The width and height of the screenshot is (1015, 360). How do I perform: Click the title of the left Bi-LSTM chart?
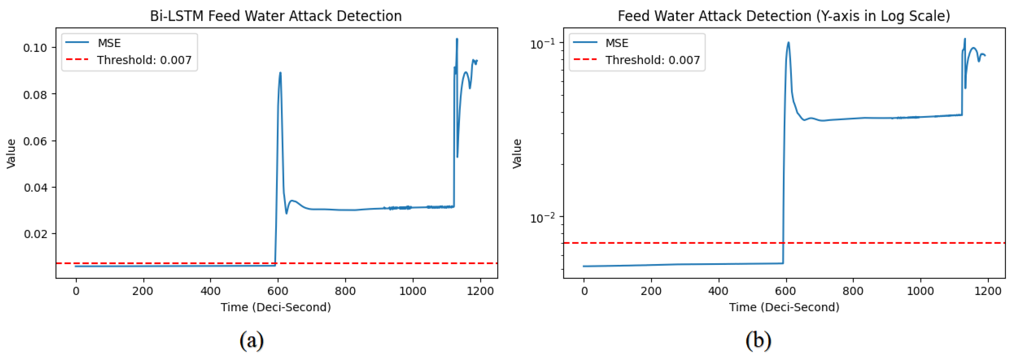point(276,16)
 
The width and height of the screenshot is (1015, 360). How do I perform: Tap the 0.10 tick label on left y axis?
point(35,48)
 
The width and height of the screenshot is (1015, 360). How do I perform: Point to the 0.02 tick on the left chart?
point(35,234)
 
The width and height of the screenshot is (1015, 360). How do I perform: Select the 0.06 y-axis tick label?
point(35,141)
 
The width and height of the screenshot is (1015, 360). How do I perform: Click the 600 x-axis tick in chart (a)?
point(278,291)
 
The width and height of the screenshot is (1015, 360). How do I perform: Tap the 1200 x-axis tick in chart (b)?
point(988,291)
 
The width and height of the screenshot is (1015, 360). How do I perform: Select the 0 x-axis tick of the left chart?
point(76,291)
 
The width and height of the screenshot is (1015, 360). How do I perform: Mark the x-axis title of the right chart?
point(784,307)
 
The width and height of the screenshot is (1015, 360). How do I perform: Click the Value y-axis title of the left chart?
point(11,154)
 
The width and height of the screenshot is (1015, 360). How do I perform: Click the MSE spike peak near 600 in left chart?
point(280,73)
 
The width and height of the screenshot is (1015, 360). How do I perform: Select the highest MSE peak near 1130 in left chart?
point(457,39)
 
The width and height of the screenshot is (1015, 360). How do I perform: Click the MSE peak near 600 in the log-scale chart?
point(788,42)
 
